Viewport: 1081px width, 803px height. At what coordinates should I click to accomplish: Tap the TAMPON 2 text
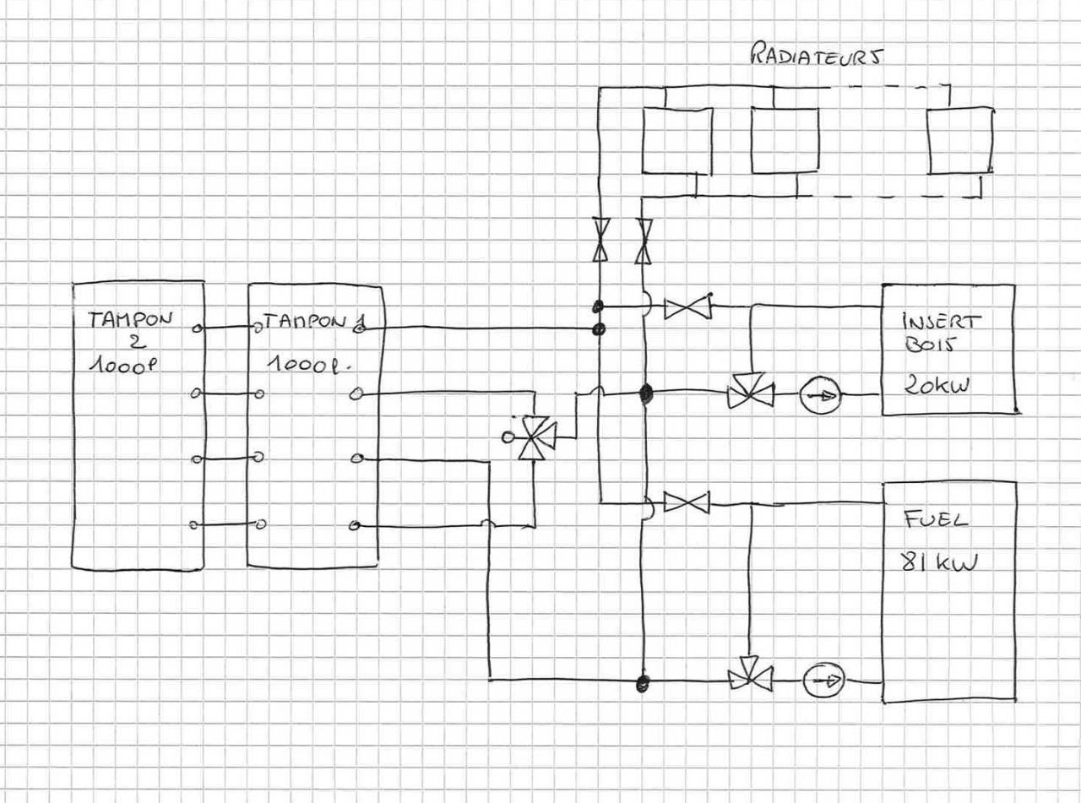tap(135, 329)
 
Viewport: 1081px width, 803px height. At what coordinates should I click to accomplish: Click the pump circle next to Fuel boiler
tap(823, 680)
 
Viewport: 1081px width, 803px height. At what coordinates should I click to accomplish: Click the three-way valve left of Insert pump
tap(750, 392)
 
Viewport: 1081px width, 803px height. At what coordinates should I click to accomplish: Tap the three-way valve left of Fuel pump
tap(750, 675)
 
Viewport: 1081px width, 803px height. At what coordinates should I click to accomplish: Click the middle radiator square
tap(785, 140)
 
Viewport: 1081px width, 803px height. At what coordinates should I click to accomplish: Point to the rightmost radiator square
tap(959, 140)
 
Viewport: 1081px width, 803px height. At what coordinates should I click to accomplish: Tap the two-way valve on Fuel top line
tap(687, 503)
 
